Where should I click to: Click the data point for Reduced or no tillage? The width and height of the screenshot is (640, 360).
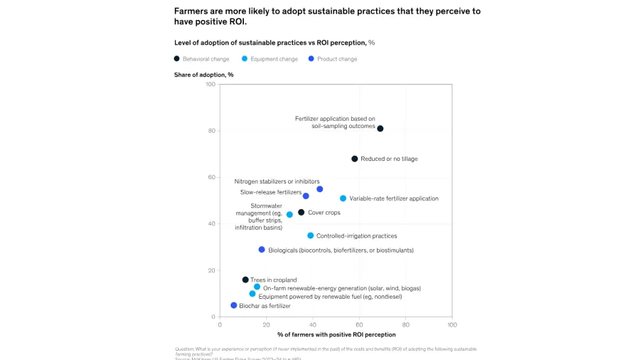(354, 159)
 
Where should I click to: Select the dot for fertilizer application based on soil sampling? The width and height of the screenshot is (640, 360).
(380, 129)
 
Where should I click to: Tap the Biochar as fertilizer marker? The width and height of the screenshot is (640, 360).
(234, 305)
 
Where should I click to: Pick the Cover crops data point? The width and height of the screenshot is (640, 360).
(302, 212)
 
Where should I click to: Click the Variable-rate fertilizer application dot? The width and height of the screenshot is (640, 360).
(343, 198)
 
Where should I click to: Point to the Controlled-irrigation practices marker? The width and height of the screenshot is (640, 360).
(311, 235)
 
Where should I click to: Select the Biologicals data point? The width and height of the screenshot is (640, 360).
(262, 250)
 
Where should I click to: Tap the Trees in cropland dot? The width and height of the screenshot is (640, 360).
(245, 280)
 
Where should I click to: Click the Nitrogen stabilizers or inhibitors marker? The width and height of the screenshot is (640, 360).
(320, 189)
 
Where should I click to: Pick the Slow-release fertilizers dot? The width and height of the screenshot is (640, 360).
(306, 196)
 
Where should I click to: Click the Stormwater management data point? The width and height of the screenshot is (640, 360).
(289, 214)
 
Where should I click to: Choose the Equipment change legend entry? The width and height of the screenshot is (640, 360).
(270, 59)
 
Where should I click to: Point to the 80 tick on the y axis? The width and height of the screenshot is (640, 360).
(211, 131)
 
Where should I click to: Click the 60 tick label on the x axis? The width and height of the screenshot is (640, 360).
(359, 324)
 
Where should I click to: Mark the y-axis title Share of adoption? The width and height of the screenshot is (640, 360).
(203, 75)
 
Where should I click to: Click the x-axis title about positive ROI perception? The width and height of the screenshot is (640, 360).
(336, 334)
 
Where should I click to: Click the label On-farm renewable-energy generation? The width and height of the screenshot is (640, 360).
(341, 288)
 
